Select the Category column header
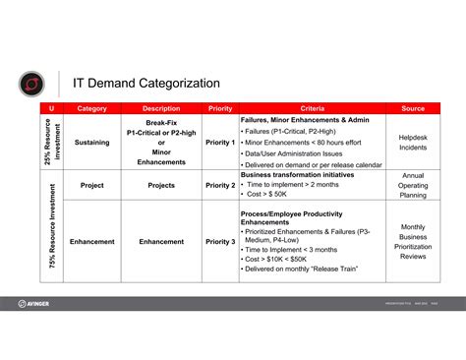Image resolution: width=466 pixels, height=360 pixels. click(x=91, y=108)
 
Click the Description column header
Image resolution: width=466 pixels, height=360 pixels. click(x=161, y=108)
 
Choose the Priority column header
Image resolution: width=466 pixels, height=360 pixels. click(x=220, y=108)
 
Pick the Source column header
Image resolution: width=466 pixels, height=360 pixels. click(x=413, y=108)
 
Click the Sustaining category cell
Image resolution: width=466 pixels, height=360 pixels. click(x=91, y=143)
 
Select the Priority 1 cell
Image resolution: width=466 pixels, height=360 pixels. click(x=220, y=143)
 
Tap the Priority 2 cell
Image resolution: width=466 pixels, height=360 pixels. click(x=220, y=185)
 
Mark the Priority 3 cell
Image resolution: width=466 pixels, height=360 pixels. click(x=220, y=241)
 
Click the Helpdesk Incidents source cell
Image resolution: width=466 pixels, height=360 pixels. click(x=413, y=143)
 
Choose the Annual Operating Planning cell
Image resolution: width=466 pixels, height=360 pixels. click(x=413, y=185)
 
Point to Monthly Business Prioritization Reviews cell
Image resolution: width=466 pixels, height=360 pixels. click(x=413, y=241)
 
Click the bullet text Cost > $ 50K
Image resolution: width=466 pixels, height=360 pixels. click(x=271, y=195)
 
